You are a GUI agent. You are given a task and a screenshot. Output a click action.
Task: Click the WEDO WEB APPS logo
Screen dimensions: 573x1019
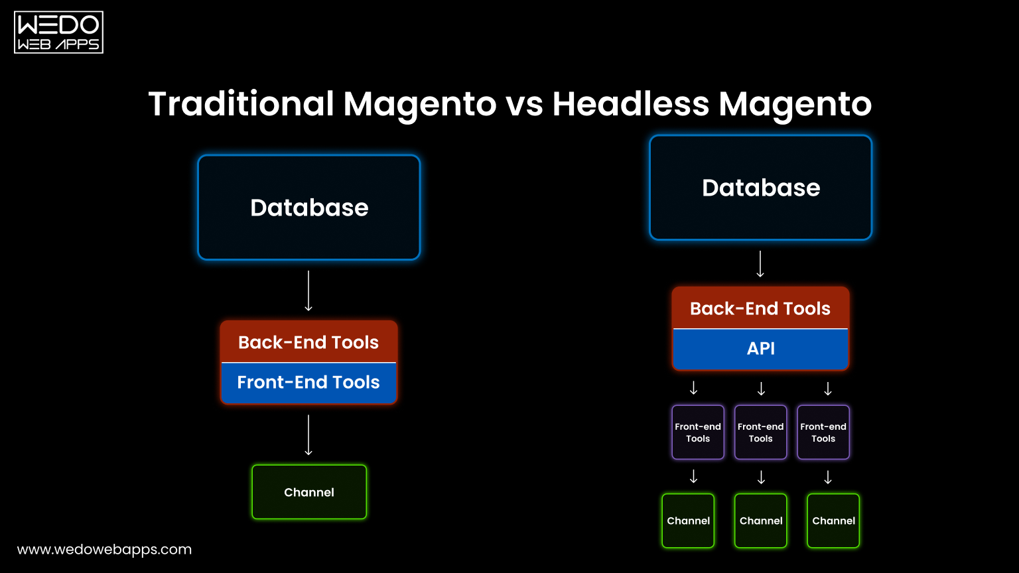58,32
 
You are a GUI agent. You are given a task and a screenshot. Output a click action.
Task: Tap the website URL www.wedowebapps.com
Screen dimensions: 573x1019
104,549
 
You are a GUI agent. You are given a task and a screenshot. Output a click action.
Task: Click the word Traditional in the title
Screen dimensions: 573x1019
241,104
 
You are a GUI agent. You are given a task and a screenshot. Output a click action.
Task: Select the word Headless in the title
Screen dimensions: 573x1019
630,104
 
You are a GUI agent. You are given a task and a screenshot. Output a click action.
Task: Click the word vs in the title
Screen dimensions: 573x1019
524,104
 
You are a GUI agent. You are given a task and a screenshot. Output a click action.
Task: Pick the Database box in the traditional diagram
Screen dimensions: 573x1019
309,208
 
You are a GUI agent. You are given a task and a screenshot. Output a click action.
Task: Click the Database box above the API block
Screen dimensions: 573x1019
760,188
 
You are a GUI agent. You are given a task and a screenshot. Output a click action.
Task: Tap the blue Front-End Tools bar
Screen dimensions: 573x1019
308,383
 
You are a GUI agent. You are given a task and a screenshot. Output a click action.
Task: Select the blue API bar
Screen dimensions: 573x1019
760,349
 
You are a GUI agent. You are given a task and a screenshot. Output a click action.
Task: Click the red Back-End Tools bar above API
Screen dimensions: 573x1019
760,308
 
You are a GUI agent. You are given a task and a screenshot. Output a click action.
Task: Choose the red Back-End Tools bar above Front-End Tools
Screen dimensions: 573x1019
308,342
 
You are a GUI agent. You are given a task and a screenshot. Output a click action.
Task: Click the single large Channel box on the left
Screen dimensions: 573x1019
309,492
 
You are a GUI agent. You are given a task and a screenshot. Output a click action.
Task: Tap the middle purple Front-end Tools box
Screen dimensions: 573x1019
760,432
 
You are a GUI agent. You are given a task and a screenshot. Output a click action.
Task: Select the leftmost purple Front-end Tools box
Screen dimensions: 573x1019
698,432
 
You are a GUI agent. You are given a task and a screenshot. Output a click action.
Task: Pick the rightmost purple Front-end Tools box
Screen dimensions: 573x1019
823,432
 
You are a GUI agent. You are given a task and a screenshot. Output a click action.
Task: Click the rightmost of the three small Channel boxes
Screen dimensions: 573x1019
833,521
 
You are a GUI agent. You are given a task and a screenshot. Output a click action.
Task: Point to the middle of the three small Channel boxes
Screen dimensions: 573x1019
761,521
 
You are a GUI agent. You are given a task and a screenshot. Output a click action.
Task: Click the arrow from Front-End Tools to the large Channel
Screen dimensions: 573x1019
308,435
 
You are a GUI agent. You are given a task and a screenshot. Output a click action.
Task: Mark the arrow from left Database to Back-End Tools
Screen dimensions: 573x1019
308,290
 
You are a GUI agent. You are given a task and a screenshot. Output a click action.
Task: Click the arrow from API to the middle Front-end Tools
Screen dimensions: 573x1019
761,389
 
